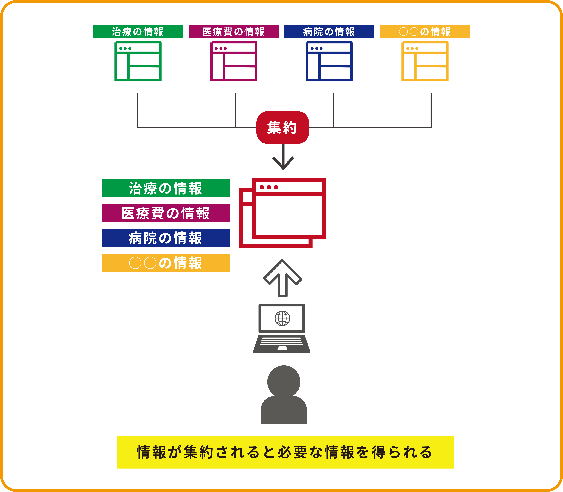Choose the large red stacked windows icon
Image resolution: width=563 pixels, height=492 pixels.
(282, 213)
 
